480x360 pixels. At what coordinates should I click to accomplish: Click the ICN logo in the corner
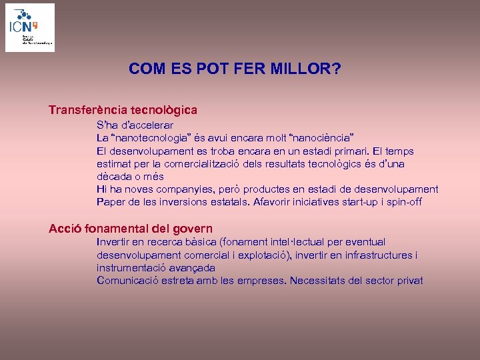click(30, 27)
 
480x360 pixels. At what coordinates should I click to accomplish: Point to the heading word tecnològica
click(165, 109)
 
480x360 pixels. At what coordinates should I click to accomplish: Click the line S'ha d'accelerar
click(135, 125)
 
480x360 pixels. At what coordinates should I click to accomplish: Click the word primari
click(349, 151)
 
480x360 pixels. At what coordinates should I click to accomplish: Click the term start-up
click(360, 202)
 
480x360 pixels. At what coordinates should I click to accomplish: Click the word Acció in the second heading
click(66, 229)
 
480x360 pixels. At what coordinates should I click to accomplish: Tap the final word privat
click(409, 281)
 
